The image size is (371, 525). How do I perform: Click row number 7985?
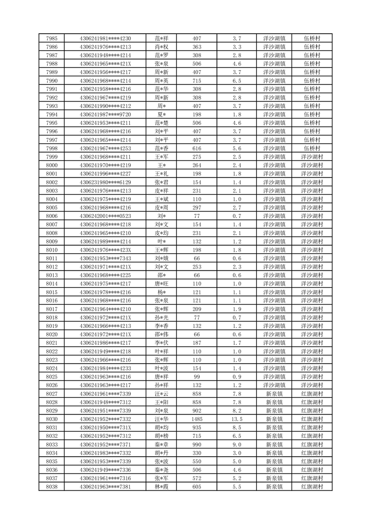(52, 38)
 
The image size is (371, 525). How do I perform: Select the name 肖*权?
(162, 47)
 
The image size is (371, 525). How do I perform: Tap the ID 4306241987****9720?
(105, 115)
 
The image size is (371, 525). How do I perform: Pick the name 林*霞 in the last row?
(162, 487)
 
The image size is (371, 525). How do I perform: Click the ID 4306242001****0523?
(105, 216)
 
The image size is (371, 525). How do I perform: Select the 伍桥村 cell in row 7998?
(312, 148)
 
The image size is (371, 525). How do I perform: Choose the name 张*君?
(162, 182)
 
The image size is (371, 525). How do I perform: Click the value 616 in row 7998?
(197, 148)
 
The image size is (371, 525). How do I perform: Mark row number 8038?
(52, 487)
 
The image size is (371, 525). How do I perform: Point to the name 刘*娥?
(162, 258)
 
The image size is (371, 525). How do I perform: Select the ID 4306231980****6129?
(105, 182)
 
